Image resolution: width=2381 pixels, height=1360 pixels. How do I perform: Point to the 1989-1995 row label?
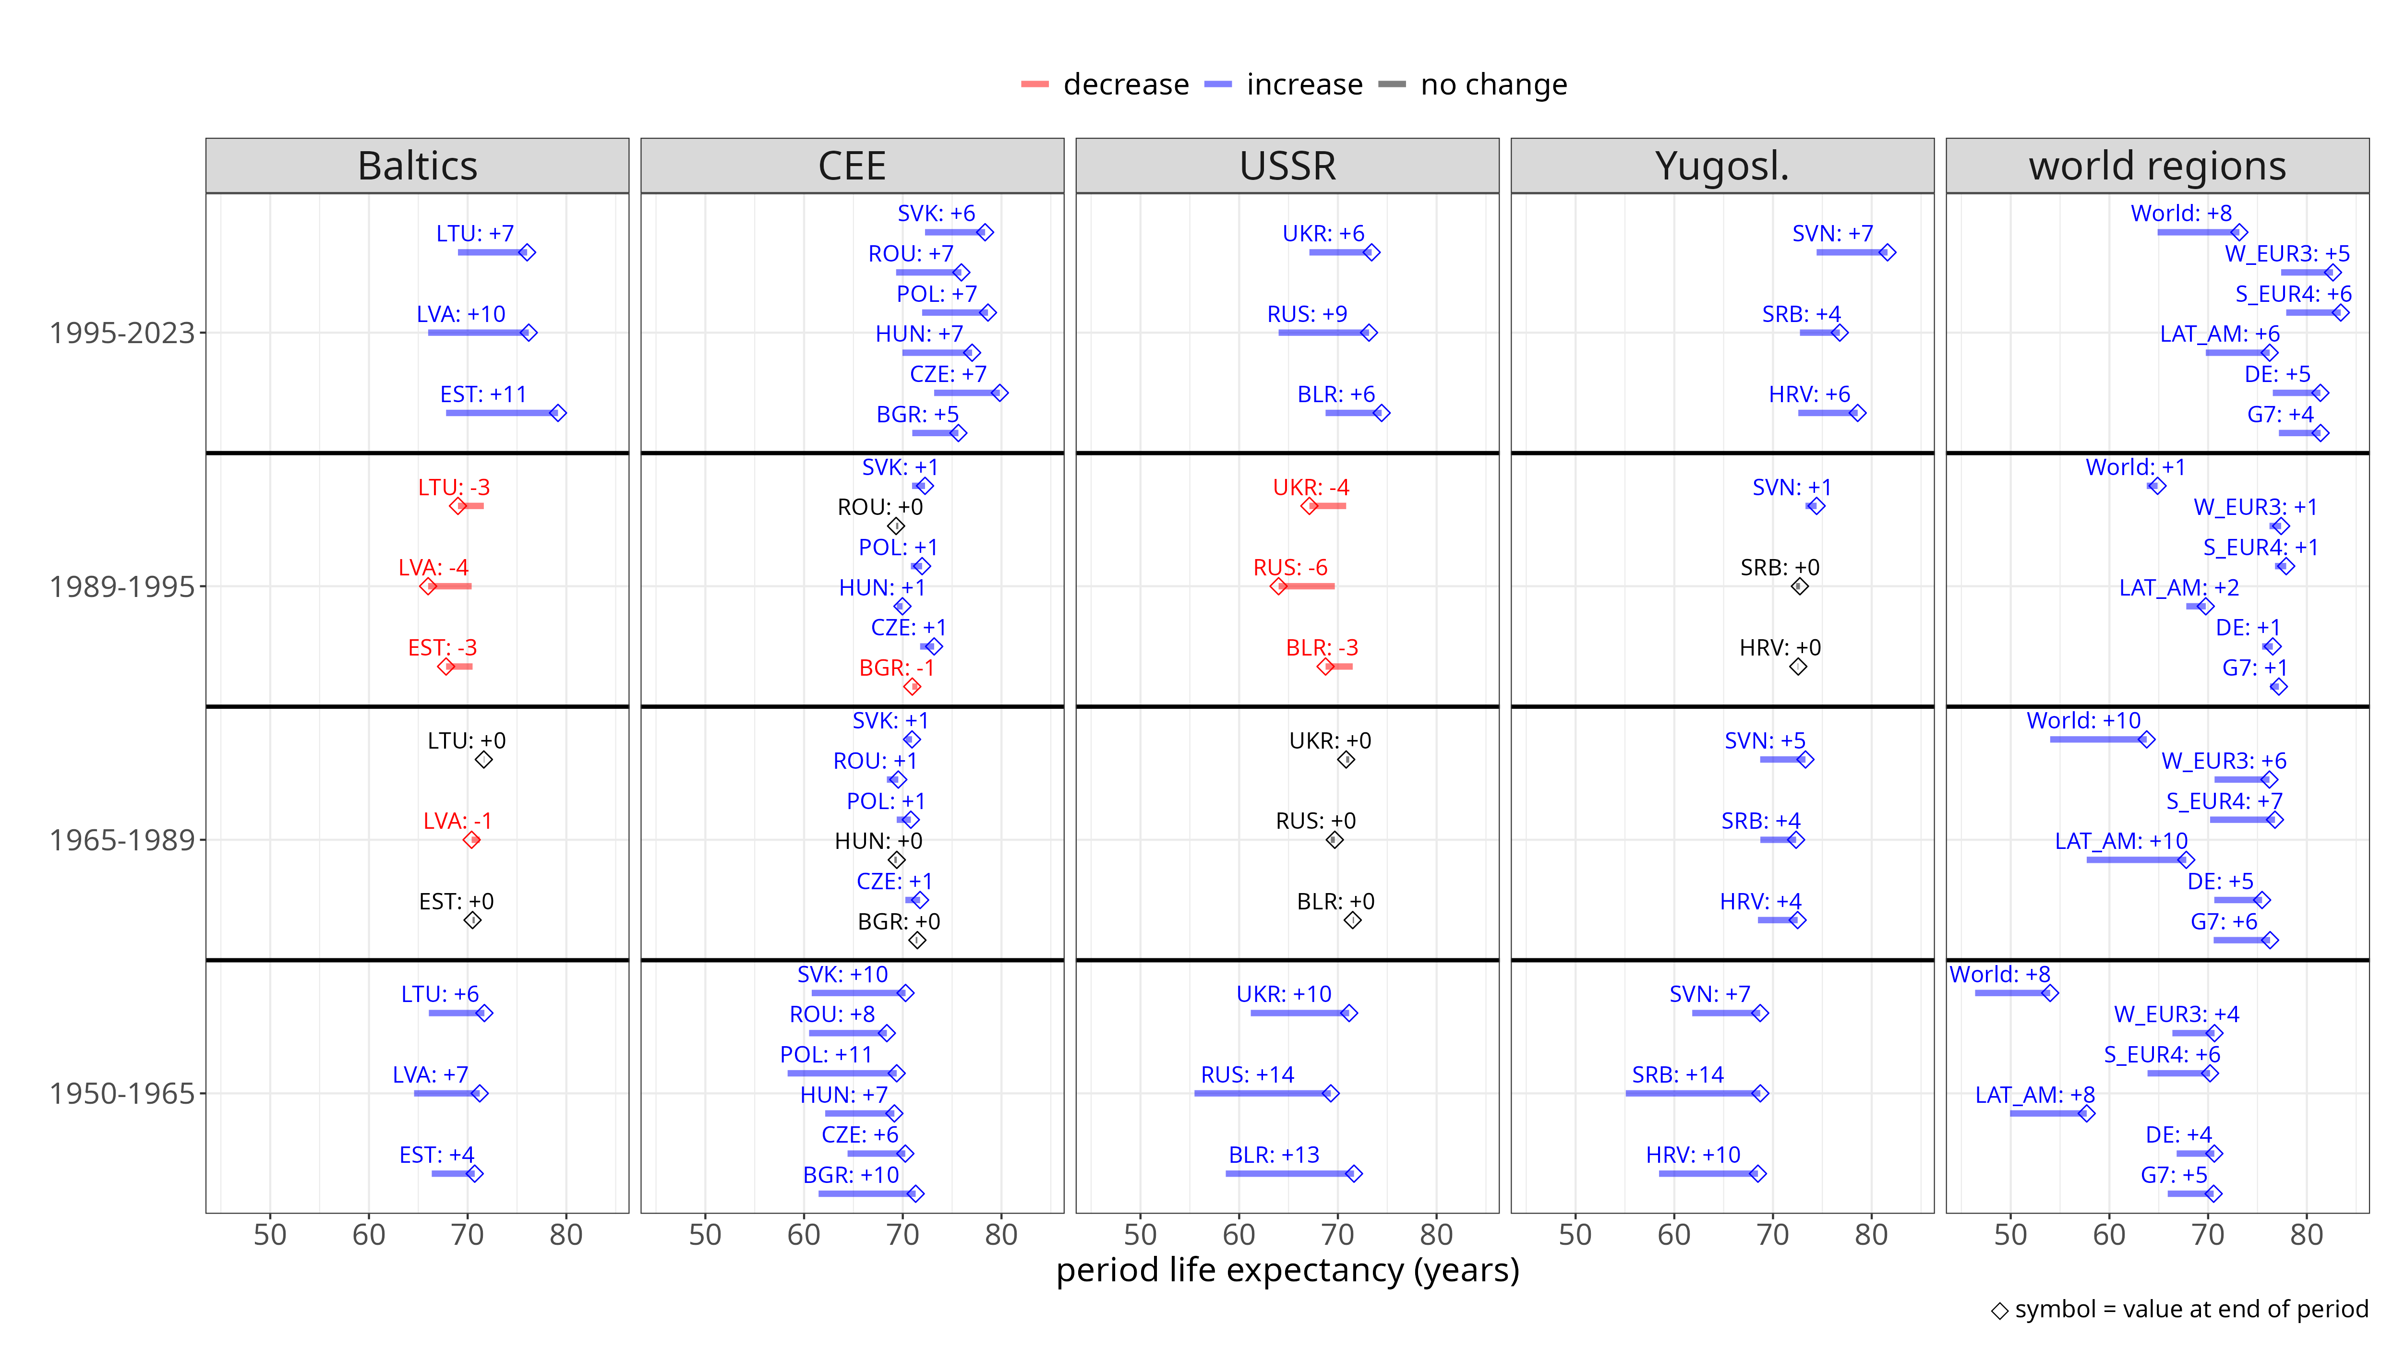pos(121,586)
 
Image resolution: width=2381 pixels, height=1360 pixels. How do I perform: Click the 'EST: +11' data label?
pos(483,394)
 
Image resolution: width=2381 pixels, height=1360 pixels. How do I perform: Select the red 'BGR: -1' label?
pos(896,668)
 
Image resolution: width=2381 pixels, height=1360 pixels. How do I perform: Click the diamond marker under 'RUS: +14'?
pos(1330,1094)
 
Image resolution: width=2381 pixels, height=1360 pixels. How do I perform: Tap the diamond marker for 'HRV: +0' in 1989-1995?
pos(1797,667)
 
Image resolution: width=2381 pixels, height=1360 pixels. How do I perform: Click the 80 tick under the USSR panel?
pos(1436,1235)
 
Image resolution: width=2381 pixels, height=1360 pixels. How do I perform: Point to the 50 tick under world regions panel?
pos(2009,1235)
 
